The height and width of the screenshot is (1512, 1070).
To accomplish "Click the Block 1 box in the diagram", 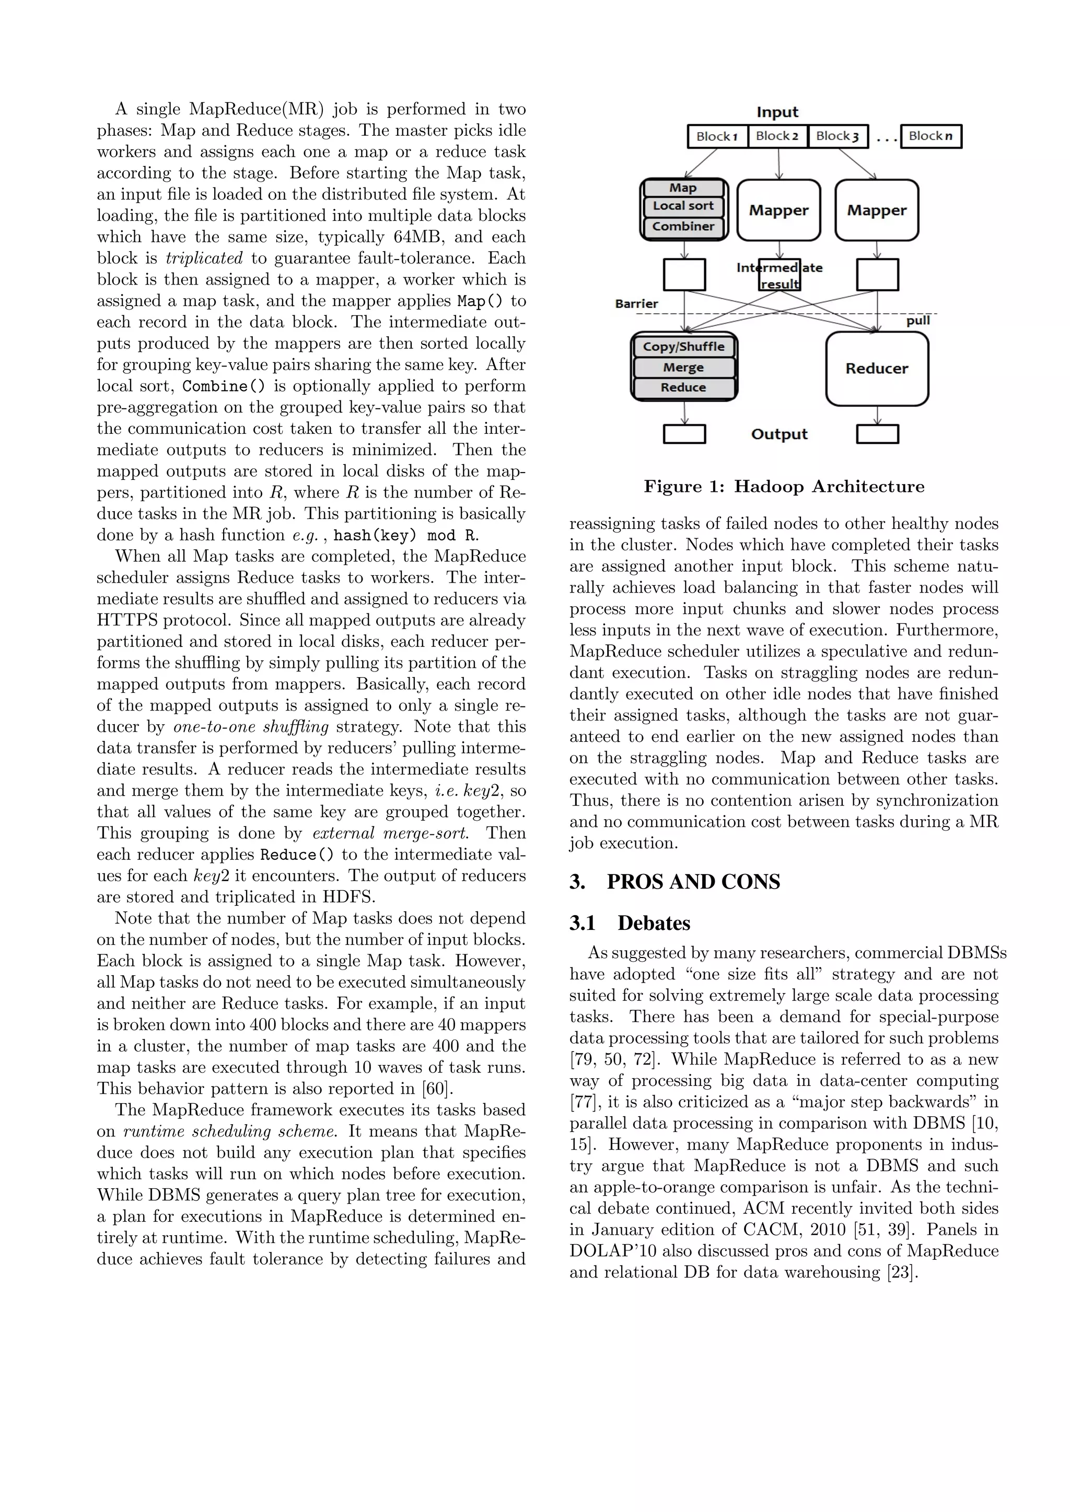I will [x=717, y=136].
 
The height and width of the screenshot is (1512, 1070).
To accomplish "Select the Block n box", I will [x=931, y=136].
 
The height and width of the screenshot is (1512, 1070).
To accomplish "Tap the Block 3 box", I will [x=838, y=136].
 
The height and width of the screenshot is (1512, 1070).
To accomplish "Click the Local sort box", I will [x=683, y=206].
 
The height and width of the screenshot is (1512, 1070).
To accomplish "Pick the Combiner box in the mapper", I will [x=683, y=227].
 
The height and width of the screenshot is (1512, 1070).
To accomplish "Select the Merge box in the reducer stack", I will [x=684, y=368].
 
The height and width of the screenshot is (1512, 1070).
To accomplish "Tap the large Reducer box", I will [x=877, y=369].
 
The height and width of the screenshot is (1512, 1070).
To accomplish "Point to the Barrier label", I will [x=636, y=303].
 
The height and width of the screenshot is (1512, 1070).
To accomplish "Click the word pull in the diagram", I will [x=918, y=321].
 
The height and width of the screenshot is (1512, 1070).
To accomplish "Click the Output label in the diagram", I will [x=780, y=434].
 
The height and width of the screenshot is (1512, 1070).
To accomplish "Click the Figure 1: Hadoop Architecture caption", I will [x=784, y=487].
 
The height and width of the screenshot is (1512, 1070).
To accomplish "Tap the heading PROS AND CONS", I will [x=693, y=882].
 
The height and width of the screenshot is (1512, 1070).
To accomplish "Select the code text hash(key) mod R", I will [x=406, y=535].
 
